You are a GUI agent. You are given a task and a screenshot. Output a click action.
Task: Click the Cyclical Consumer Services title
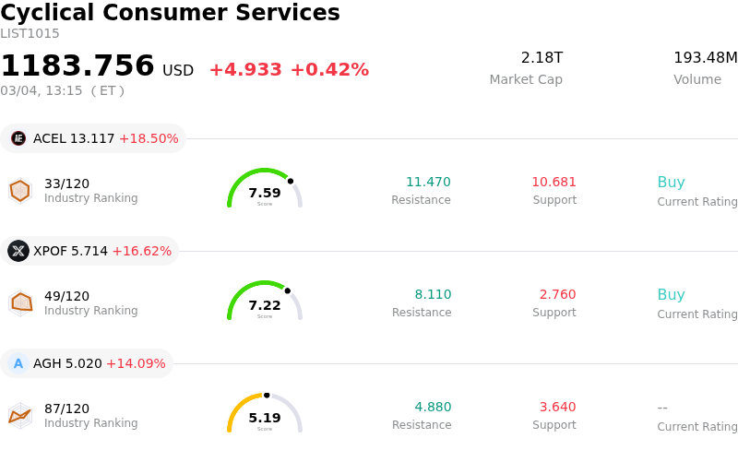click(x=170, y=13)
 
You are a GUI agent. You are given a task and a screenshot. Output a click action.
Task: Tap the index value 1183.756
click(x=77, y=66)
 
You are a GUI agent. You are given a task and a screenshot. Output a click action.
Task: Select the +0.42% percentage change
click(x=329, y=70)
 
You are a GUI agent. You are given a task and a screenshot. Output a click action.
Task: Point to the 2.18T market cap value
click(x=542, y=58)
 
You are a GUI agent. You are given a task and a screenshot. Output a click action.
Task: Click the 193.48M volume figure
click(x=705, y=58)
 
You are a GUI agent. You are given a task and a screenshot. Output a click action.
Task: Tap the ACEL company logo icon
click(x=18, y=138)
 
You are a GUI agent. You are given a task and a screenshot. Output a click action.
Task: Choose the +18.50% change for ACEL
click(x=149, y=138)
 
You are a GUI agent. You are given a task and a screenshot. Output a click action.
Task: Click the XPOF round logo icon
click(x=18, y=251)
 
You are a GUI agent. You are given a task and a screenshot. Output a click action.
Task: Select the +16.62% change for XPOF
click(x=142, y=251)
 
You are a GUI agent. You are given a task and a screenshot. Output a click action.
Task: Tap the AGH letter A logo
click(x=18, y=363)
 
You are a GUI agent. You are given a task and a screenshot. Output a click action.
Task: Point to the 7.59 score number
click(x=265, y=193)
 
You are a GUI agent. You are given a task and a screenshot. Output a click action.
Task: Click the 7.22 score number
click(x=265, y=305)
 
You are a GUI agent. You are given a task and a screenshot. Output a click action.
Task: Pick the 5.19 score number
click(x=265, y=418)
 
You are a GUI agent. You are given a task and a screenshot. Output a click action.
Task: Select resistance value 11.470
click(x=428, y=182)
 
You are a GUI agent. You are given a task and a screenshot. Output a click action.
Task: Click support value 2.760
click(x=557, y=294)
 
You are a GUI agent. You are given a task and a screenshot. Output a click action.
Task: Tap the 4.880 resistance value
click(x=433, y=407)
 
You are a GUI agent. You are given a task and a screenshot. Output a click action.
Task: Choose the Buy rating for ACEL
click(x=671, y=182)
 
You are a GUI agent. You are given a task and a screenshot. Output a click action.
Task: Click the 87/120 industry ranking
click(x=66, y=409)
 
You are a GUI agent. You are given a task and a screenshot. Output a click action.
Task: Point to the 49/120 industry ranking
click(x=66, y=296)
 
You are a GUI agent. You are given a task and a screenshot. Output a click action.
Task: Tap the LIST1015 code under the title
click(x=30, y=33)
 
